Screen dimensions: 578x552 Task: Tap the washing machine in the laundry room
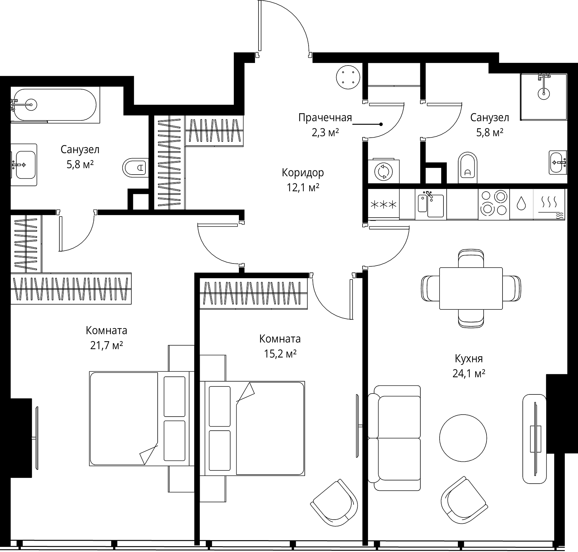[x=383, y=171]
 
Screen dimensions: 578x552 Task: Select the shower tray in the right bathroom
[x=543, y=97]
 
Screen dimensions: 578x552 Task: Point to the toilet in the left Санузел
[x=135, y=167]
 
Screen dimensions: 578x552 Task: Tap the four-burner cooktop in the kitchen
[x=494, y=203]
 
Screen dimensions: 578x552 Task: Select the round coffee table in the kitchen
[x=463, y=438]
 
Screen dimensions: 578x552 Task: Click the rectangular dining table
[x=471, y=288]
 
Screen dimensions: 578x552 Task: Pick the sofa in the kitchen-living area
[x=394, y=438]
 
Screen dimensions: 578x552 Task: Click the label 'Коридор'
[x=303, y=173]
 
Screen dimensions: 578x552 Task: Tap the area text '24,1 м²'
[x=469, y=374]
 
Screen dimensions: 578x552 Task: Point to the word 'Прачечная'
[x=325, y=118]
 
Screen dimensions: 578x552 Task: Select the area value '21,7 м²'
[x=107, y=345]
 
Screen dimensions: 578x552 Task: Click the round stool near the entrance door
[x=348, y=77]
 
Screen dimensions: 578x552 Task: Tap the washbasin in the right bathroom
[x=558, y=162]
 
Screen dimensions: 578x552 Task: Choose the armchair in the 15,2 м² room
[x=334, y=507]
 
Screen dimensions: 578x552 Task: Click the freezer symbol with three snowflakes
[x=383, y=204]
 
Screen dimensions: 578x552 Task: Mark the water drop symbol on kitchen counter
[x=521, y=203]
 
